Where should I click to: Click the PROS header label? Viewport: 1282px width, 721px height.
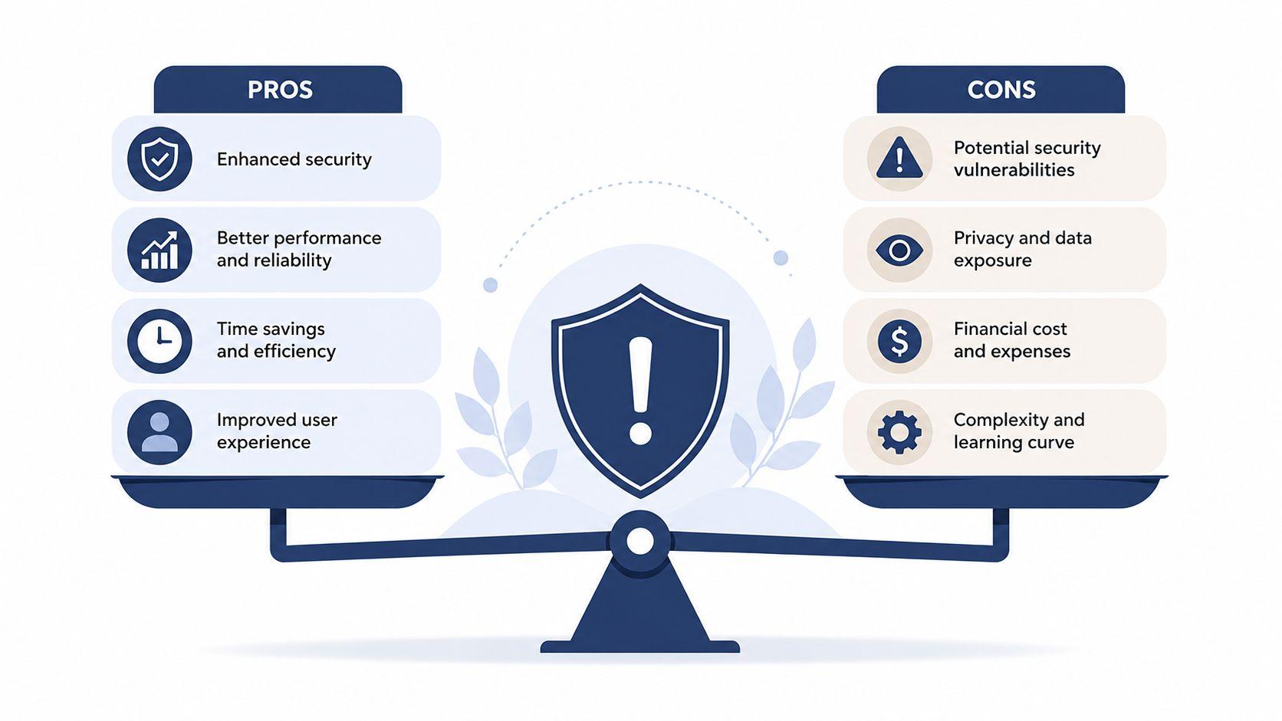point(280,90)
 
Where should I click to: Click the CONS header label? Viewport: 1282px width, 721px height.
point(1001,90)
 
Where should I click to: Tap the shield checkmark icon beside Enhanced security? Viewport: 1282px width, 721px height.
point(159,159)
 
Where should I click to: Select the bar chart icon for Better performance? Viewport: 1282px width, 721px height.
point(159,250)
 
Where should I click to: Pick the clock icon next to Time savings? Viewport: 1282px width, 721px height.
point(159,342)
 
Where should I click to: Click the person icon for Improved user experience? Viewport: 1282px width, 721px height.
point(159,432)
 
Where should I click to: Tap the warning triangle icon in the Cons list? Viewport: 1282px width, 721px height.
point(899,157)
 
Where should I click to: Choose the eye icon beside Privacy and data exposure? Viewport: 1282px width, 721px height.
point(899,251)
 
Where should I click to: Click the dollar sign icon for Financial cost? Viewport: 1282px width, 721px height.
point(899,342)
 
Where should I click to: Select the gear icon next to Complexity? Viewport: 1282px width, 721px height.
point(899,432)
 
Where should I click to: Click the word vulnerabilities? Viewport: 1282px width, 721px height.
point(1014,170)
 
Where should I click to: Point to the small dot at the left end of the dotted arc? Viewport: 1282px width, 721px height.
point(491,285)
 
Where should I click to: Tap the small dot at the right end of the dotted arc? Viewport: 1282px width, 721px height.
point(781,258)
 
